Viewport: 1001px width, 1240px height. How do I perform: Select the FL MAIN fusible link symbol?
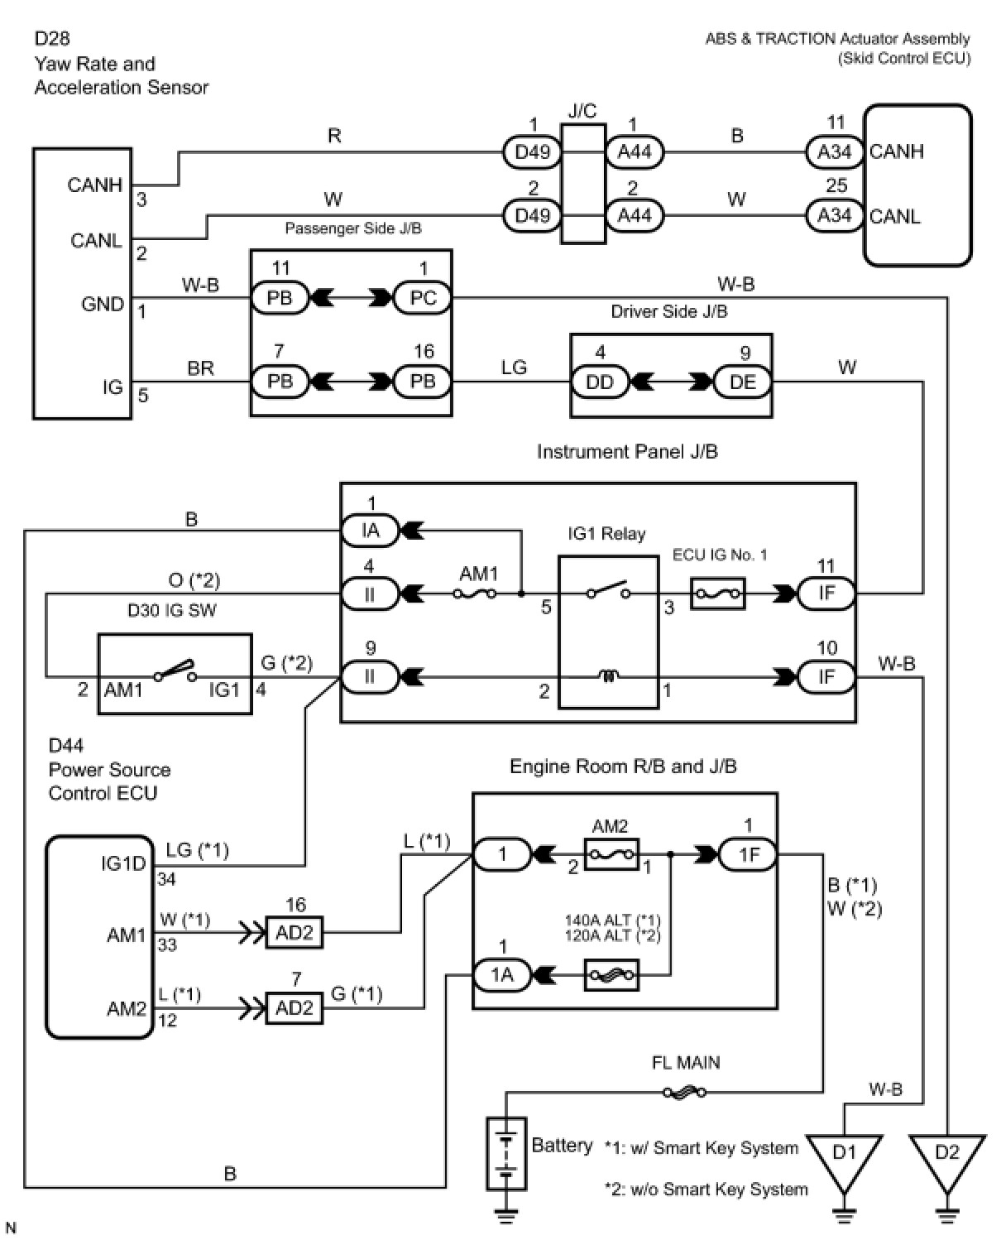(685, 1092)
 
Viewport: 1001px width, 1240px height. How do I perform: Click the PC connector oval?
(422, 298)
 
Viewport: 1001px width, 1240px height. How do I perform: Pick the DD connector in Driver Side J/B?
(600, 382)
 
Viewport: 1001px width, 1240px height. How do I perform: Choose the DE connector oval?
(743, 382)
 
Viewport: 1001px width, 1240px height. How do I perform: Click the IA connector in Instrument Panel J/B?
(370, 531)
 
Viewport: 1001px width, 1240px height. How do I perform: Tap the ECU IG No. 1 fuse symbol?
(718, 594)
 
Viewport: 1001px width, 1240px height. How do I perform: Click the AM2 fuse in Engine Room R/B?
(611, 854)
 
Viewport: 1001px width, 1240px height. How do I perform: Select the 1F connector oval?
(749, 854)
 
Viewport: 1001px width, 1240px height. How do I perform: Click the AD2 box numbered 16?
(295, 933)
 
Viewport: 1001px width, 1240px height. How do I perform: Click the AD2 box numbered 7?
(295, 1007)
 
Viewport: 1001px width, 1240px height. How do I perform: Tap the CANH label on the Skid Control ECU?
(896, 152)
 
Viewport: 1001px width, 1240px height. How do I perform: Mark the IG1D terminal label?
(123, 863)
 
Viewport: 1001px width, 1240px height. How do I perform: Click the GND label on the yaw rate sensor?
(103, 304)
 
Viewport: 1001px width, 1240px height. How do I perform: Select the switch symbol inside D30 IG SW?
(175, 671)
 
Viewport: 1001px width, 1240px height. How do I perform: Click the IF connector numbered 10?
(826, 678)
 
